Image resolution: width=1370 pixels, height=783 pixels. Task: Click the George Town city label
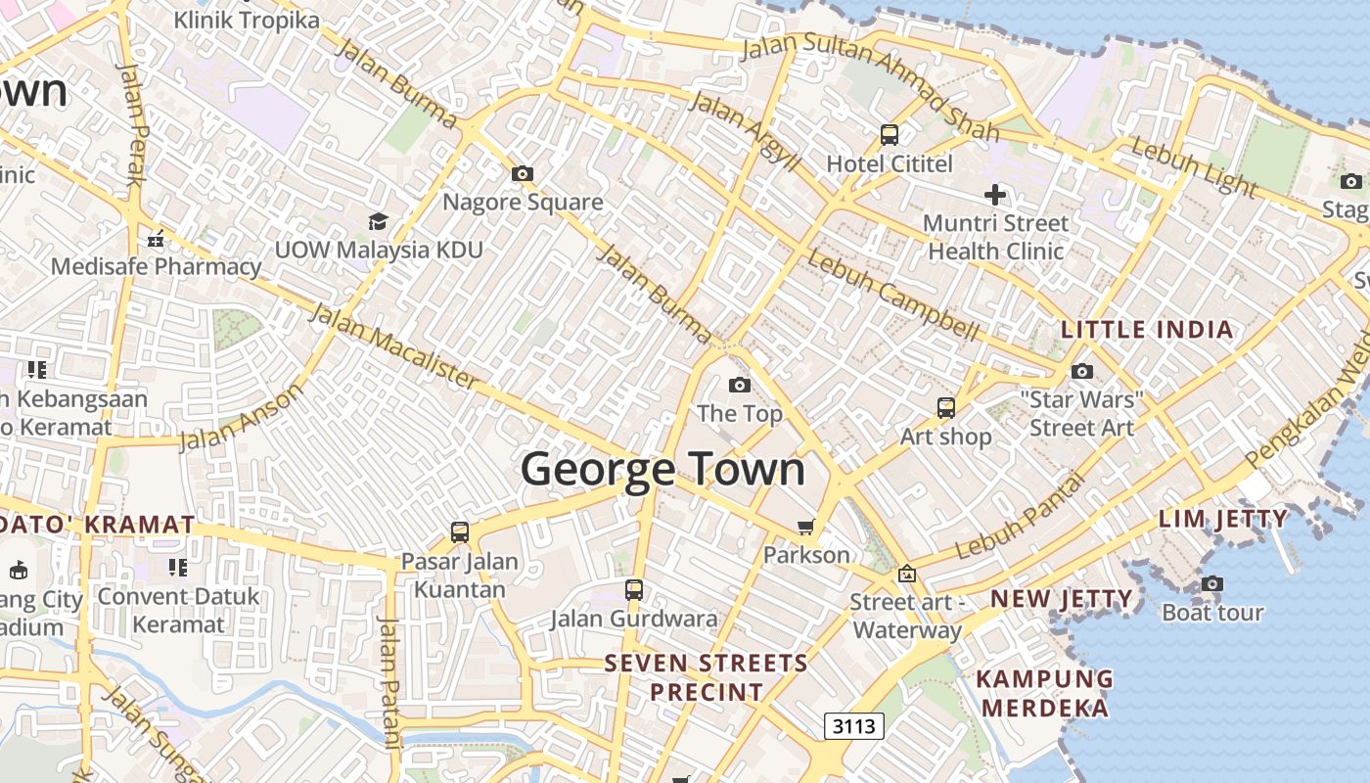click(x=662, y=469)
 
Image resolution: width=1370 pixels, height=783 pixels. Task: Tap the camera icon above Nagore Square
click(x=523, y=174)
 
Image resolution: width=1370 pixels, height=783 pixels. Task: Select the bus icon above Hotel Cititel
click(x=889, y=135)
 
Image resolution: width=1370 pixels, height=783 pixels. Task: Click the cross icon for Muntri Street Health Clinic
click(x=995, y=194)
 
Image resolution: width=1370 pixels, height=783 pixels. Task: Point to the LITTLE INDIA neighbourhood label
click(x=1147, y=330)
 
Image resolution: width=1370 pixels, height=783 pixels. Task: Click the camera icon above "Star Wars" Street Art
click(x=1081, y=371)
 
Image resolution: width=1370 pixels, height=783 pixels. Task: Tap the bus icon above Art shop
click(x=945, y=408)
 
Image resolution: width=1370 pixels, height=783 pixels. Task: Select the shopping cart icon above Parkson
click(x=805, y=528)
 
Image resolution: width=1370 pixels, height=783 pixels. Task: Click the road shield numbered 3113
click(x=854, y=726)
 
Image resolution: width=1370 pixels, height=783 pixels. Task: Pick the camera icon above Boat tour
click(x=1211, y=584)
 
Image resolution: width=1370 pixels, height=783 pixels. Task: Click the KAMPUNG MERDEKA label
click(x=1045, y=693)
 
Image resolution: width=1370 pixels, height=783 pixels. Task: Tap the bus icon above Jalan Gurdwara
click(x=633, y=590)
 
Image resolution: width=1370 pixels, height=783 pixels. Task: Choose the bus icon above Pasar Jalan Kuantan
click(x=459, y=532)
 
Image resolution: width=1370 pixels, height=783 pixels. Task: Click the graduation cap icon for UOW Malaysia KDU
click(x=378, y=221)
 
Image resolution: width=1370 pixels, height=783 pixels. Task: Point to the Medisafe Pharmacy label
click(x=157, y=266)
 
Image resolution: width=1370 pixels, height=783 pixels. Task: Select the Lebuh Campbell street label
click(x=891, y=295)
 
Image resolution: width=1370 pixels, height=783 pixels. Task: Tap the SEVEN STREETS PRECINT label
click(x=707, y=677)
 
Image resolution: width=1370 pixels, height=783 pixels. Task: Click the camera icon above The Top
click(x=739, y=385)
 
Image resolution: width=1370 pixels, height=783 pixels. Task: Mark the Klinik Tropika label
click(x=246, y=20)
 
